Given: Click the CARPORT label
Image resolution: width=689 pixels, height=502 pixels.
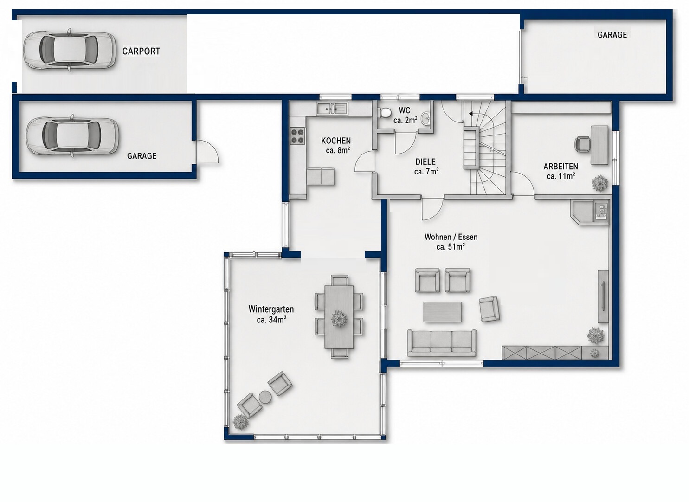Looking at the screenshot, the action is pos(141,51).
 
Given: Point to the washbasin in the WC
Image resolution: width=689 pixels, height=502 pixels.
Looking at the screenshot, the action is pos(426,117).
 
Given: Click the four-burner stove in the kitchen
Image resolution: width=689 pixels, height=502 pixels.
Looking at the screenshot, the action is pos(297,135).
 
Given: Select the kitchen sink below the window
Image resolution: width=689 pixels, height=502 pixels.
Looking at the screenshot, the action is pos(332,108).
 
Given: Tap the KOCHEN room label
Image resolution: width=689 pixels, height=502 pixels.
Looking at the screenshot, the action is pos(336,141).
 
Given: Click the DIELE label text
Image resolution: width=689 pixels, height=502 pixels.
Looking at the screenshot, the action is pos(425,162).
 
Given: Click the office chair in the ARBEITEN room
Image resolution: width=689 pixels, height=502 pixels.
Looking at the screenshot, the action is pos(583,144).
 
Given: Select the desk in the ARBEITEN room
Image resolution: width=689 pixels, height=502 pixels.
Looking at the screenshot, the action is pos(599,145).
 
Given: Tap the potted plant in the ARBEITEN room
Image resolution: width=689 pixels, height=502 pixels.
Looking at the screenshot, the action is pos(600,183).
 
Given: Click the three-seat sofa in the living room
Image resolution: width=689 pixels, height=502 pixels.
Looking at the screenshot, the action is pos(442,343).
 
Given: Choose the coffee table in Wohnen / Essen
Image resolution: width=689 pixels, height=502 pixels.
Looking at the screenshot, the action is pos(442,312).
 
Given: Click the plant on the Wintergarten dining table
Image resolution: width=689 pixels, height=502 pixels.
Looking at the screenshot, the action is pos(339,319).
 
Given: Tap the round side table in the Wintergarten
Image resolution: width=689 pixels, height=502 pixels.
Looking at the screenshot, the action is pos(264,397).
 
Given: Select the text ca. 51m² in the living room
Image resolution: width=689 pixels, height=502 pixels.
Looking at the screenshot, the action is pos(451,247).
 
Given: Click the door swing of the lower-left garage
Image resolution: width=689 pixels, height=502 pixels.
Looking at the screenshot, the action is pos(207,151).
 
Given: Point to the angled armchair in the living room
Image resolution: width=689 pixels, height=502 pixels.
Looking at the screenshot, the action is pos(489,309).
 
